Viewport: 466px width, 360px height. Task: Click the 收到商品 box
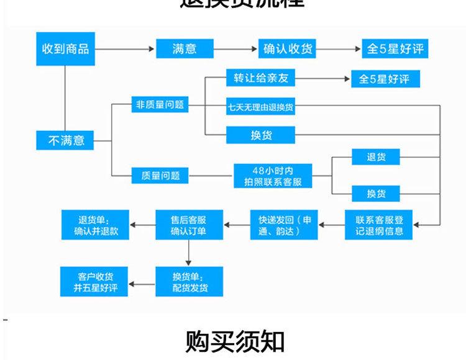65,49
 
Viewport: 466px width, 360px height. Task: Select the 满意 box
185,49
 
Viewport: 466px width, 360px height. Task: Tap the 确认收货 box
287,49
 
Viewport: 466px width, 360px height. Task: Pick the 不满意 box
66,140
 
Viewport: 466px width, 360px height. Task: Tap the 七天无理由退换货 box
261,107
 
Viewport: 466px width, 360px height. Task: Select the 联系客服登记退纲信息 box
379,225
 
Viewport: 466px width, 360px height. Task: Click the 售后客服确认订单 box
188,225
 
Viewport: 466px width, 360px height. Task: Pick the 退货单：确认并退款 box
94,225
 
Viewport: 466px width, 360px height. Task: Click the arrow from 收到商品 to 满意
124,49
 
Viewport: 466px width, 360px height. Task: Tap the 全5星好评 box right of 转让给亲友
384,79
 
